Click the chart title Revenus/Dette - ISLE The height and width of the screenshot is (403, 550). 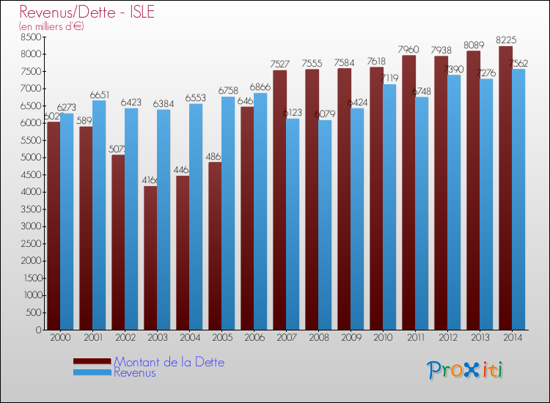tap(87, 12)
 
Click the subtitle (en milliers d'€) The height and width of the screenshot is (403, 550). tap(52, 26)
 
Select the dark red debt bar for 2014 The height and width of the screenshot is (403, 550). tap(505, 188)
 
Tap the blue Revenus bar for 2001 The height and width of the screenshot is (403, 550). tap(99, 215)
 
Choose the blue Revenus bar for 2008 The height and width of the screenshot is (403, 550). tap(325, 225)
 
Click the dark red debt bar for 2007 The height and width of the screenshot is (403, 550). tap(279, 199)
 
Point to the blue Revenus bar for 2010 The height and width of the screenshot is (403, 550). tap(389, 207)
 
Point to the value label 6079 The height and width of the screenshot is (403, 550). tap(326, 114)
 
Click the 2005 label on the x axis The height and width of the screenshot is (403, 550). tap(221, 338)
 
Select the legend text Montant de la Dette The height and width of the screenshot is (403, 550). tap(169, 362)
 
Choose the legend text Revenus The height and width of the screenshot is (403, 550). tap(135, 373)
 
